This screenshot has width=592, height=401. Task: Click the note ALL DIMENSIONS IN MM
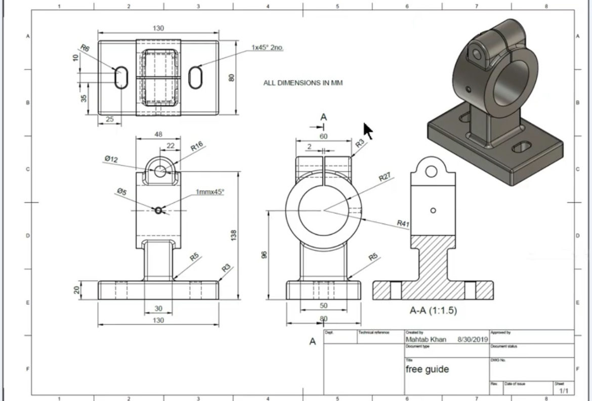coord(303,83)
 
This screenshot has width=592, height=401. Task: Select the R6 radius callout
coord(84,48)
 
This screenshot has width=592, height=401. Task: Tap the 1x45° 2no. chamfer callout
coord(268,48)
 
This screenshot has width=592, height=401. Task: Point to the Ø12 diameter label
coord(111,159)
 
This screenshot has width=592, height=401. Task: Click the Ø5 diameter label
coord(121,191)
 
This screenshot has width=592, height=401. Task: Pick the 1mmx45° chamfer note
coord(210,192)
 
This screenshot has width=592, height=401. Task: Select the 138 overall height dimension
coord(234,235)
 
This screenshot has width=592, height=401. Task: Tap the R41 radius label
coord(403,223)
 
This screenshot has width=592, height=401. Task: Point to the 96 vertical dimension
coord(264,255)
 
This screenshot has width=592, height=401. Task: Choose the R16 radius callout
coord(196,147)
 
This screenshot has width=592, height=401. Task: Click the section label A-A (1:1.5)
coord(433,310)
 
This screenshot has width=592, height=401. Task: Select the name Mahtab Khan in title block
coord(426,340)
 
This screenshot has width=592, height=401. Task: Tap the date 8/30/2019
coord(472,340)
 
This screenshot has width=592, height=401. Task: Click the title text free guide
coord(427,370)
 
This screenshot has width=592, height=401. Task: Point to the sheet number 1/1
coord(563,391)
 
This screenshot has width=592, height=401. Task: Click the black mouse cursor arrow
coord(368,130)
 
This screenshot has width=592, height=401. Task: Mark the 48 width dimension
coord(158,135)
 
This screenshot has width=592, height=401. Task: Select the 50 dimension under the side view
coord(323,305)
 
